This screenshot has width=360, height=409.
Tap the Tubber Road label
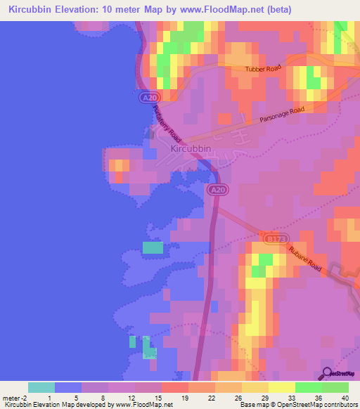263,69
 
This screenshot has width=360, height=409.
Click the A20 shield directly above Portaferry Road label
146,98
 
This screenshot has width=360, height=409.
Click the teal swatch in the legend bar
41,387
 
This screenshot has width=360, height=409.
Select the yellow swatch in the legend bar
282,387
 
